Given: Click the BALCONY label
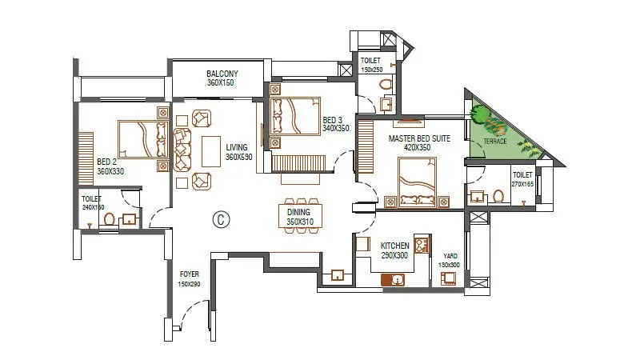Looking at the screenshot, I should pyautogui.click(x=222, y=73).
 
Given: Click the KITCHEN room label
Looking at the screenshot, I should pyautogui.click(x=394, y=246).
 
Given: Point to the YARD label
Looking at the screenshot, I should pyautogui.click(x=450, y=255).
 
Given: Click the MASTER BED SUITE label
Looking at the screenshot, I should pyautogui.click(x=420, y=138).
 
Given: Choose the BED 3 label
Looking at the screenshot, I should pyautogui.click(x=334, y=121).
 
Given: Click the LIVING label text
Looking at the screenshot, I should pyautogui.click(x=237, y=147).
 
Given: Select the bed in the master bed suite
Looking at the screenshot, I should pyautogui.click(x=416, y=181).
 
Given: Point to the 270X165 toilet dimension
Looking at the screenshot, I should pyautogui.click(x=522, y=184).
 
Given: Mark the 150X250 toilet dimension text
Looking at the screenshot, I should pyautogui.click(x=370, y=70).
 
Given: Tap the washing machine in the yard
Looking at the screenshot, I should pyautogui.click(x=448, y=277).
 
